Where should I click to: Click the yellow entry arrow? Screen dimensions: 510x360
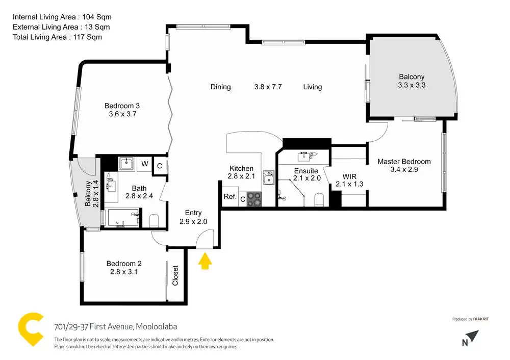[x=205, y=261]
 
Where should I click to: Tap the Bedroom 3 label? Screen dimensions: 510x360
[x=122, y=106]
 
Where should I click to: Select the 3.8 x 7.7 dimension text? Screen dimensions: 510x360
[x=268, y=87]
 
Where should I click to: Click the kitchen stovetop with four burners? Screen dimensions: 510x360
[x=254, y=199]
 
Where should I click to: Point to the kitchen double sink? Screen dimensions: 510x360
[x=269, y=177]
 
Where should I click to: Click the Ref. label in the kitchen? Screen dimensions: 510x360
[x=230, y=196]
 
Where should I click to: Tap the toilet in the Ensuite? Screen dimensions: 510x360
[x=319, y=200]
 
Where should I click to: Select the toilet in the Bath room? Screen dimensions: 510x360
[x=154, y=221]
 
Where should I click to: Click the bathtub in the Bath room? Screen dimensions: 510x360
[x=123, y=218]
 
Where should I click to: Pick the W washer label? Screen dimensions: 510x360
[x=145, y=164]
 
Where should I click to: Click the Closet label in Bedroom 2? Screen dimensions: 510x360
[x=175, y=275]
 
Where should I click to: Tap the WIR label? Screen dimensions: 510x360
[x=349, y=176]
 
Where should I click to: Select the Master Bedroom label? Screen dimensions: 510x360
[x=404, y=161]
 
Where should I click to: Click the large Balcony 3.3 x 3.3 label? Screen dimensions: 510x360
[x=412, y=81]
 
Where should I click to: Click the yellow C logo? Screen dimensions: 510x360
[x=31, y=329]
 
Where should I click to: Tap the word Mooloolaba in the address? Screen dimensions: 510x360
[x=157, y=326]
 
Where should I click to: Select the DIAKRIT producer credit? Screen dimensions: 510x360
[x=481, y=319]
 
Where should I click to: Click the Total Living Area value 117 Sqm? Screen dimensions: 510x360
[x=88, y=37]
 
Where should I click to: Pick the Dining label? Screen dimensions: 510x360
[x=220, y=87]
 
